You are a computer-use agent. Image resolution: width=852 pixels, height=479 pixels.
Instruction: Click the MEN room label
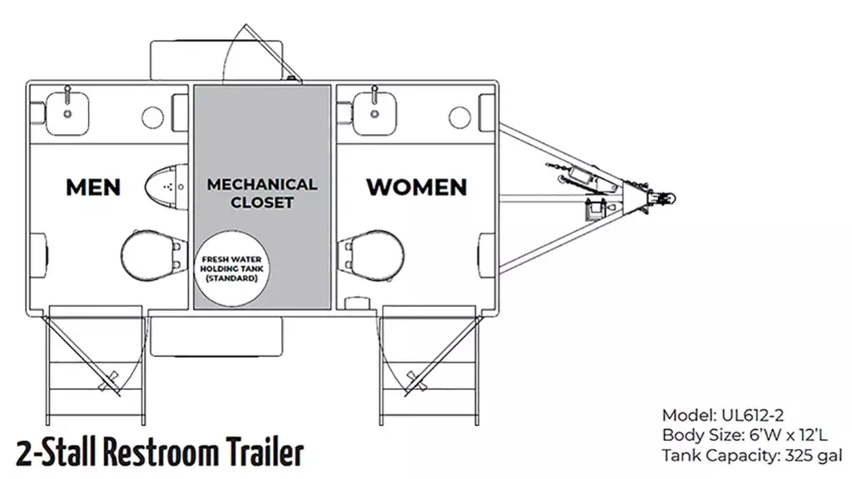pyautogui.click(x=93, y=187)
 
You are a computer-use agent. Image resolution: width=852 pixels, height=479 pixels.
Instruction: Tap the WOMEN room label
pyautogui.click(x=417, y=187)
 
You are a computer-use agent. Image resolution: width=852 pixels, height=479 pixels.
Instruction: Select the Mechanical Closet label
pyautogui.click(x=262, y=193)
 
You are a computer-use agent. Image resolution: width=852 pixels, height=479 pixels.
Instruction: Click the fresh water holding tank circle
pyautogui.click(x=232, y=269)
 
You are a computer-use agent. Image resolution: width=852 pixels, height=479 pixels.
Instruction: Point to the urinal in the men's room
pyautogui.click(x=166, y=186)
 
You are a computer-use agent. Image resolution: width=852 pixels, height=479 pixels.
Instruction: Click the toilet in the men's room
pyautogui.click(x=151, y=255)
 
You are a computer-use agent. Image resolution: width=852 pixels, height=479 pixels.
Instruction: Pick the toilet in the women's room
pyautogui.click(x=371, y=255)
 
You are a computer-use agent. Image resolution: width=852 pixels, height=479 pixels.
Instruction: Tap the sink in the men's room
pyautogui.click(x=67, y=113)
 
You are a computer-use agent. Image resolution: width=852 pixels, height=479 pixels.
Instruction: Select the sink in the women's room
pyautogui.click(x=374, y=113)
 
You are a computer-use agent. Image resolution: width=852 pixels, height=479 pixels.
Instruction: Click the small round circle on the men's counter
pyautogui.click(x=153, y=117)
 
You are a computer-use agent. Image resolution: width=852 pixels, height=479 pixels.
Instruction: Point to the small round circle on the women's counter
pyautogui.click(x=459, y=117)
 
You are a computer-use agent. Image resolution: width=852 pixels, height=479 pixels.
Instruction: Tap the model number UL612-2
pyautogui.click(x=752, y=416)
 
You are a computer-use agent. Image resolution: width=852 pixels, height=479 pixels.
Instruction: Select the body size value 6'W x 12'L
pyautogui.click(x=788, y=436)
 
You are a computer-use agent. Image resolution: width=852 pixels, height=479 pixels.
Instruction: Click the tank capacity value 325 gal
pyautogui.click(x=813, y=456)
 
